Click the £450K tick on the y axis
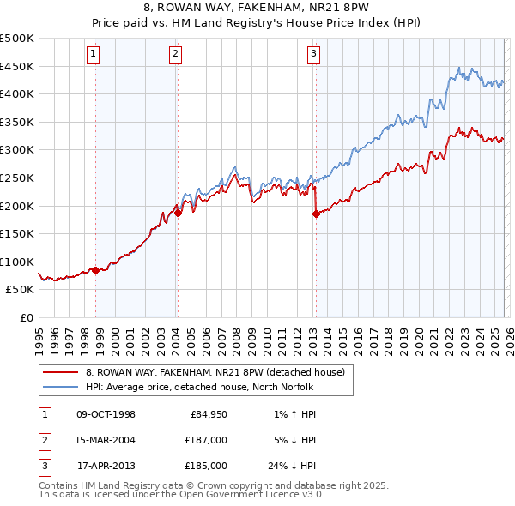17,66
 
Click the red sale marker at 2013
316,214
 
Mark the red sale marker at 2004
178,214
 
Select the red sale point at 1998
95,270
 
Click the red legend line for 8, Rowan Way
60,373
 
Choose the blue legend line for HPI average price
60,387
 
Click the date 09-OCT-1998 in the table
106,415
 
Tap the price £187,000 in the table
207,440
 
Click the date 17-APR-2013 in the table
106,466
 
